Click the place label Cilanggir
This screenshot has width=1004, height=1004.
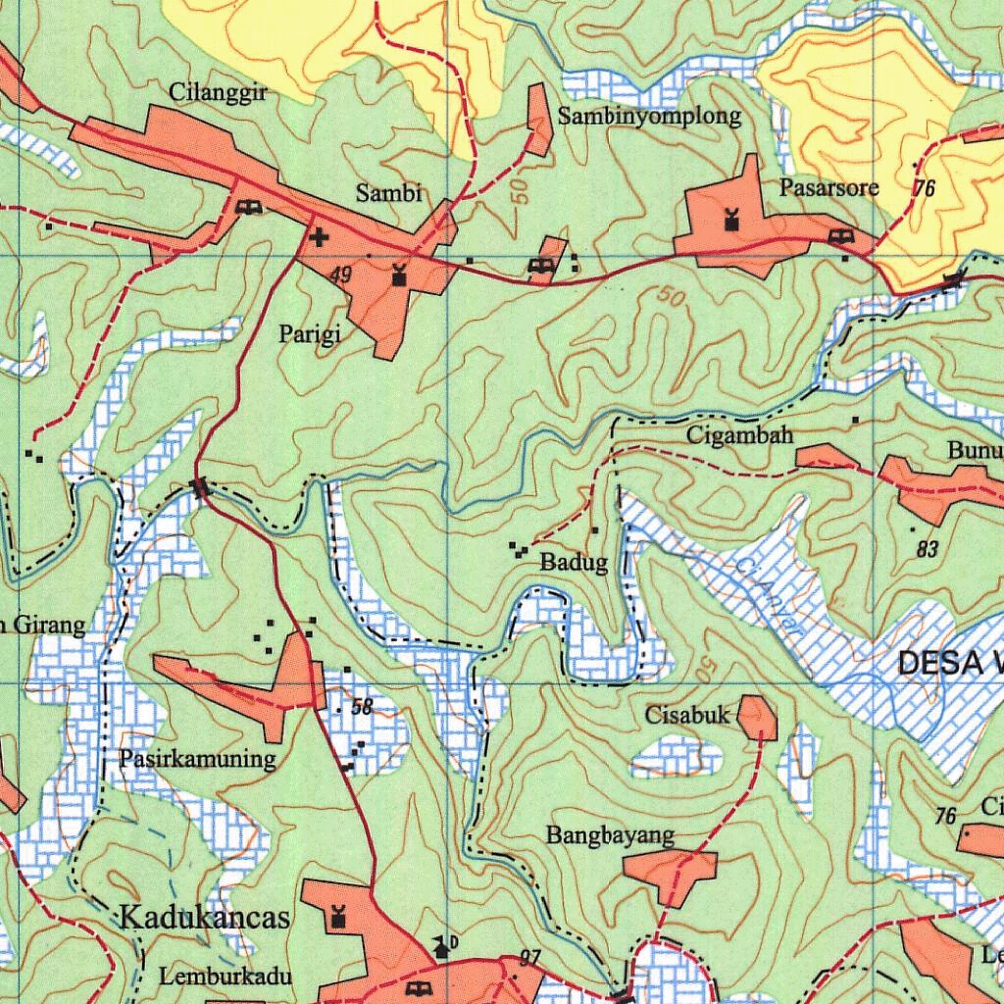click(219, 93)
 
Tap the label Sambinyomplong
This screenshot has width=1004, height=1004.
click(649, 117)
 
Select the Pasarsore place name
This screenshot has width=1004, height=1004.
click(829, 187)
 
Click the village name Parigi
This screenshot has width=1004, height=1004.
click(310, 335)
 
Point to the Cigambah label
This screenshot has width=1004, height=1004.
click(739, 434)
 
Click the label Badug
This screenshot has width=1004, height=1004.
click(574, 563)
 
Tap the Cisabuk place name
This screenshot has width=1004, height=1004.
click(687, 715)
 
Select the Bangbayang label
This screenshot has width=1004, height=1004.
click(610, 835)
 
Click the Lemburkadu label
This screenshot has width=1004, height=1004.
click(226, 977)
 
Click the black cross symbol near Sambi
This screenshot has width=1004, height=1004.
click(318, 236)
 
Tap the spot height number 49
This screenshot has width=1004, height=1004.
click(340, 276)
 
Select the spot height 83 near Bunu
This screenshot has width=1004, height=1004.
click(928, 549)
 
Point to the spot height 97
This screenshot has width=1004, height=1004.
click(530, 958)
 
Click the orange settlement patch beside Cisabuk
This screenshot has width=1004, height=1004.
click(757, 718)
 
